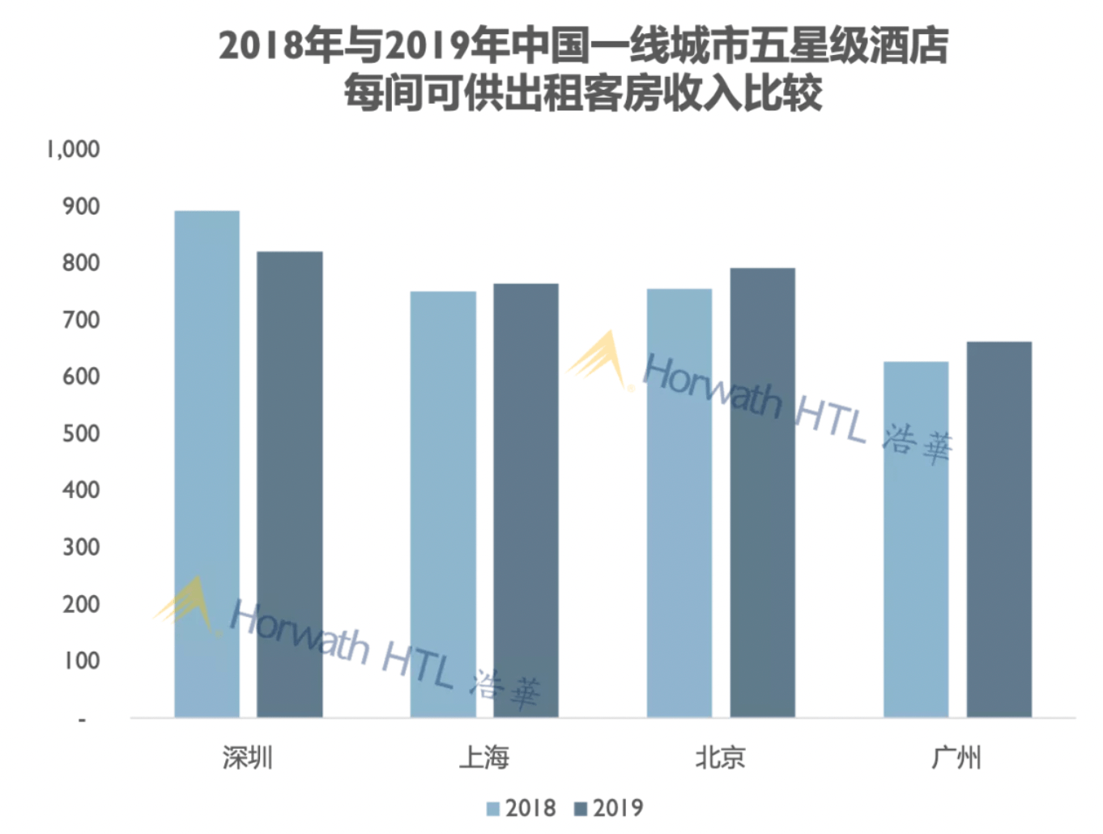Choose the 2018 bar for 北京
tap(679, 502)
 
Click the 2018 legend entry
tap(522, 808)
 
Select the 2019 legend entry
tap(609, 808)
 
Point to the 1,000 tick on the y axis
tap(73, 149)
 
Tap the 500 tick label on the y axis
tap(81, 433)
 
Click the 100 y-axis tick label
tap(81, 661)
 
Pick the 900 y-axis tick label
tap(81, 206)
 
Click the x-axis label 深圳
tap(248, 758)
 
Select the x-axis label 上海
tap(484, 758)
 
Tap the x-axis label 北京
tap(720, 758)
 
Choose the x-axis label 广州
tap(956, 758)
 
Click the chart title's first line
tap(583, 45)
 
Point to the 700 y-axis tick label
tap(81, 320)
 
